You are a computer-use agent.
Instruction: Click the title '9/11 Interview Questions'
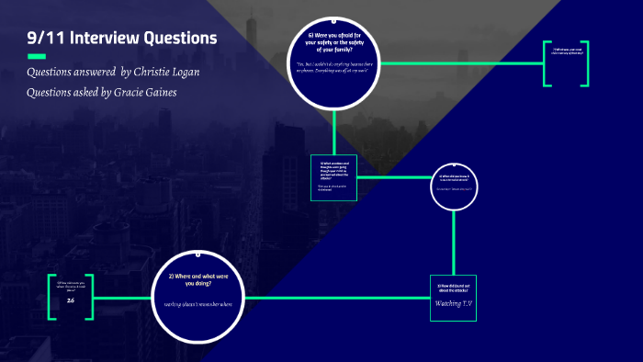click(x=122, y=38)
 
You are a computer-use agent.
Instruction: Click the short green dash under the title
click(x=37, y=57)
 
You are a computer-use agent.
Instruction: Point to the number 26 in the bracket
click(x=71, y=300)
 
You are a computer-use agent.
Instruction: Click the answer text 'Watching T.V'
click(x=454, y=303)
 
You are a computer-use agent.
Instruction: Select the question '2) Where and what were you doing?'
click(x=198, y=280)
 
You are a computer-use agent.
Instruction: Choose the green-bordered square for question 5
click(x=333, y=175)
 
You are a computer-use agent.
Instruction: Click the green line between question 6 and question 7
click(x=459, y=63)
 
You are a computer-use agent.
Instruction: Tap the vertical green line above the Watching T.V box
click(x=455, y=243)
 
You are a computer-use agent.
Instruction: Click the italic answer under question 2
click(x=198, y=304)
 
